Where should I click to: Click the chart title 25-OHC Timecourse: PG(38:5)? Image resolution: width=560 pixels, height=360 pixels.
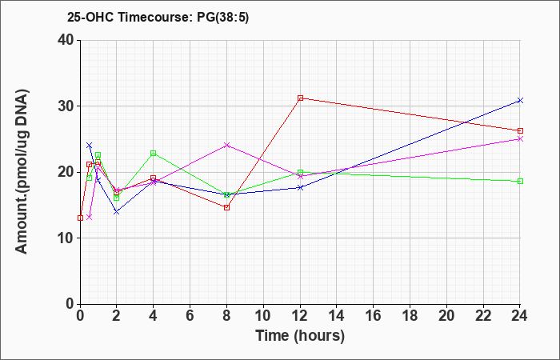[x=158, y=17]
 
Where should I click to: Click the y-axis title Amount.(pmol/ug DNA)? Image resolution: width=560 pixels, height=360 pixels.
[x=22, y=172]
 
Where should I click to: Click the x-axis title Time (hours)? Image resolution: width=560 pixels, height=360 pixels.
[x=300, y=336]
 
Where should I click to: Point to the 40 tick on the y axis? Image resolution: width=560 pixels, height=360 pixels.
[x=66, y=40]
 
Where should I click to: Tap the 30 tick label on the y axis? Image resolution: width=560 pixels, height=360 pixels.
[x=66, y=106]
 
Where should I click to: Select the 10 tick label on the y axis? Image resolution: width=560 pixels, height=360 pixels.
[x=66, y=238]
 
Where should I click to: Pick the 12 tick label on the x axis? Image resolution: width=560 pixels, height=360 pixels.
[x=300, y=316]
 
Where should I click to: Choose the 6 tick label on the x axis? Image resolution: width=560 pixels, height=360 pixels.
[x=190, y=316]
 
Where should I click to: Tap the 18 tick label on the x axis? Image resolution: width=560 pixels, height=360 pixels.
[x=410, y=316]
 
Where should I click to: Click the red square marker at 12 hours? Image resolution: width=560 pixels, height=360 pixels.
[x=300, y=98]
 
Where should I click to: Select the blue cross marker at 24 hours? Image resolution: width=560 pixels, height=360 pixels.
[x=520, y=100]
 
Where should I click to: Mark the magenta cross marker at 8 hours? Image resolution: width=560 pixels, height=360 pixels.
[x=226, y=145]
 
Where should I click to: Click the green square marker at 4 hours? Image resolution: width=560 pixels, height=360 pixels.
[x=154, y=154]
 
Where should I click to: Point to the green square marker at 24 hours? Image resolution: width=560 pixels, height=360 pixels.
[x=520, y=181]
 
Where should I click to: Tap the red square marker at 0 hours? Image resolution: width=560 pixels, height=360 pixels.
[x=80, y=218]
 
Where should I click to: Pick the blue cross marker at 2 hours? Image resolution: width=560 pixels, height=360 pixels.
[x=117, y=212]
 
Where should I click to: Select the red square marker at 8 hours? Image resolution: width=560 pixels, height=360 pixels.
[x=226, y=207]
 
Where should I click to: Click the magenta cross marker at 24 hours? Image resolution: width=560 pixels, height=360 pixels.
[x=520, y=139]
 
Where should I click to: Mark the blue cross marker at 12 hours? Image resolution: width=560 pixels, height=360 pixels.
[x=300, y=187]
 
